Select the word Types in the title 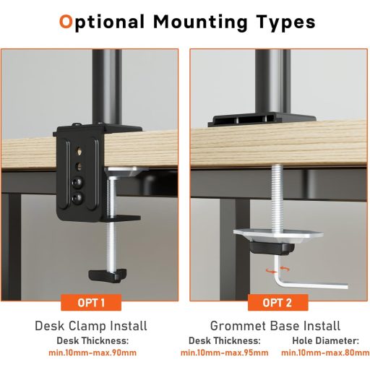coord(283,22)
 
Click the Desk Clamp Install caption coord(91,326)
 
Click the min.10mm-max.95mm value coord(224,353)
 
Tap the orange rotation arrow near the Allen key coord(272,270)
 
